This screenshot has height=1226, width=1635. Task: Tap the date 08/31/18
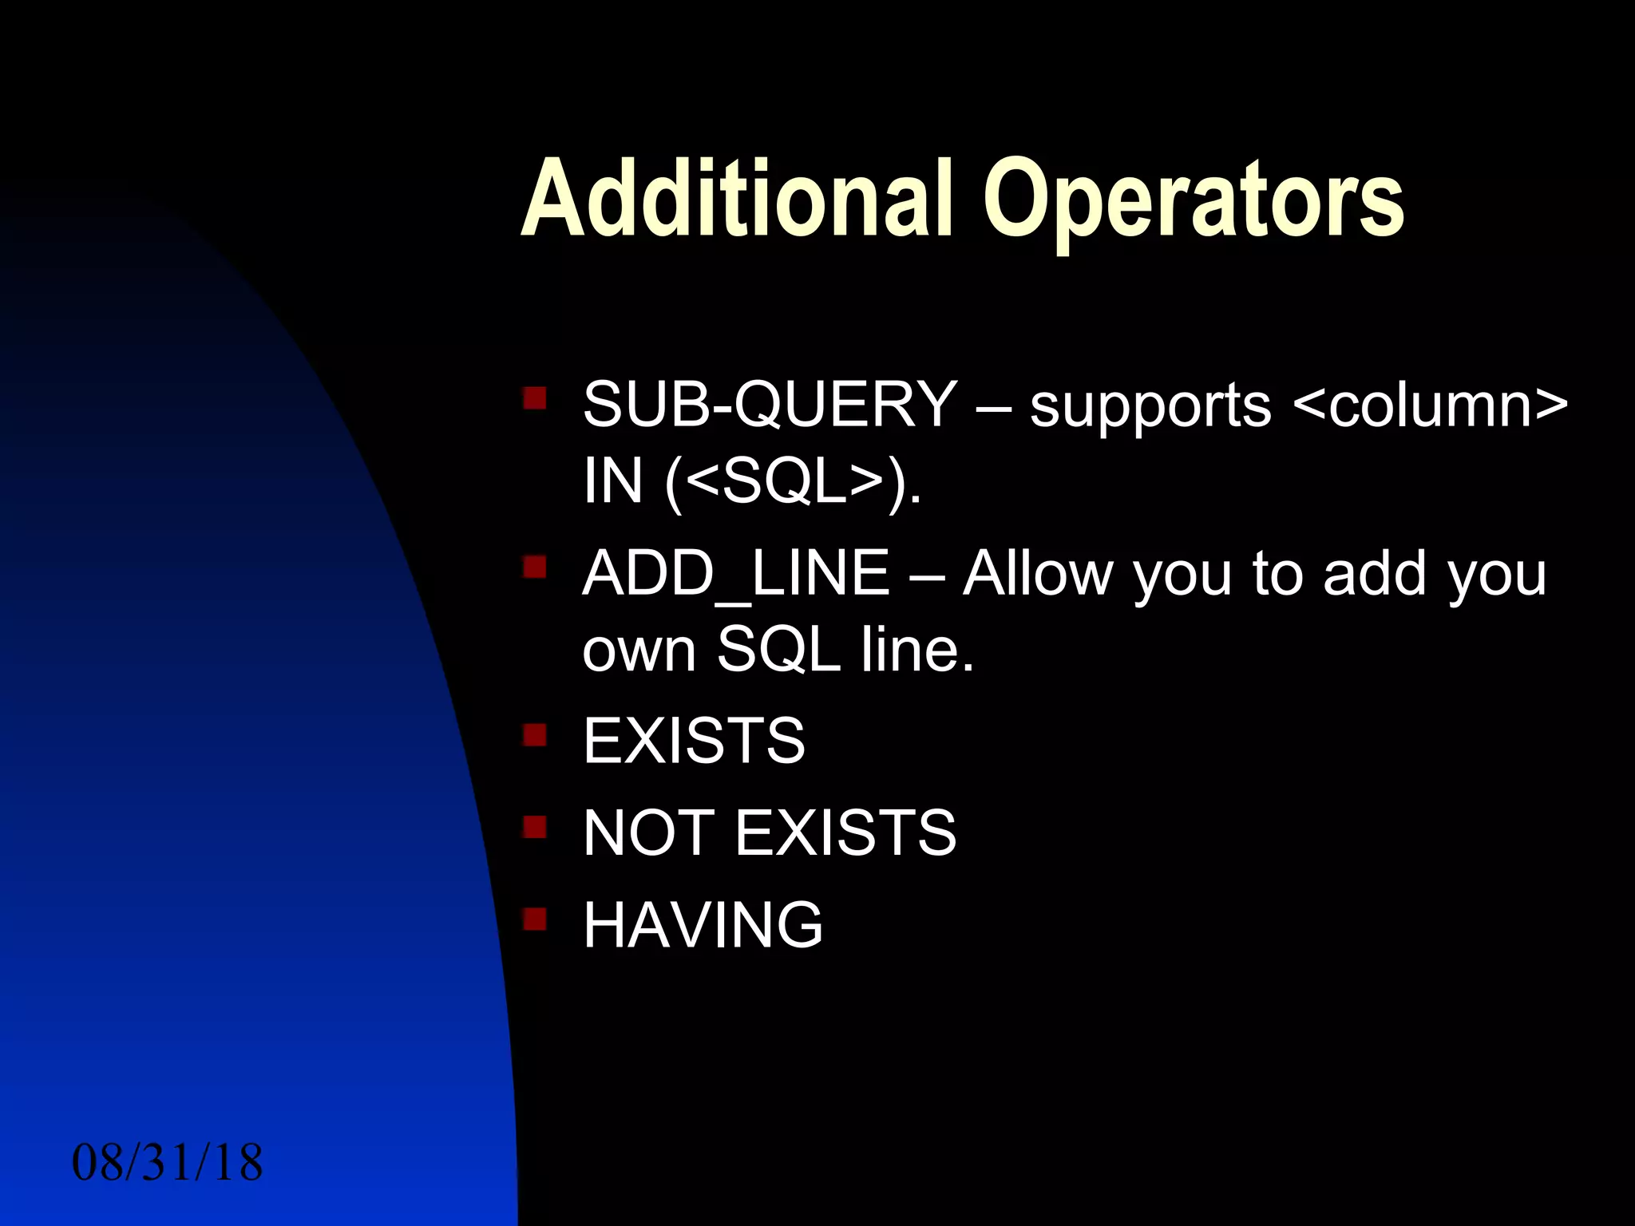coord(167,1162)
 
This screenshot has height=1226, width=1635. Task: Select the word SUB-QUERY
coord(770,404)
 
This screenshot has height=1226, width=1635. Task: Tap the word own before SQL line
coord(639,650)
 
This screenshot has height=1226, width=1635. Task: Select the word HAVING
coord(703,924)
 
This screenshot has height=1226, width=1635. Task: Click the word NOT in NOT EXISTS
coord(648,832)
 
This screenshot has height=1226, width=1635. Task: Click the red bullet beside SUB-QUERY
coord(535,397)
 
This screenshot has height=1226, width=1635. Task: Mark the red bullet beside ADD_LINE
coord(535,567)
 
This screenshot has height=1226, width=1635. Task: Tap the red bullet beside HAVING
coord(535,919)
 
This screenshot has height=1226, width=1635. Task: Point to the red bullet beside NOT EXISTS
coord(535,826)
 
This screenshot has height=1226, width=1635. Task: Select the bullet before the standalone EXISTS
coord(535,734)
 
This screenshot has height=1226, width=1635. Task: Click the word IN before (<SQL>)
coord(612,481)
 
